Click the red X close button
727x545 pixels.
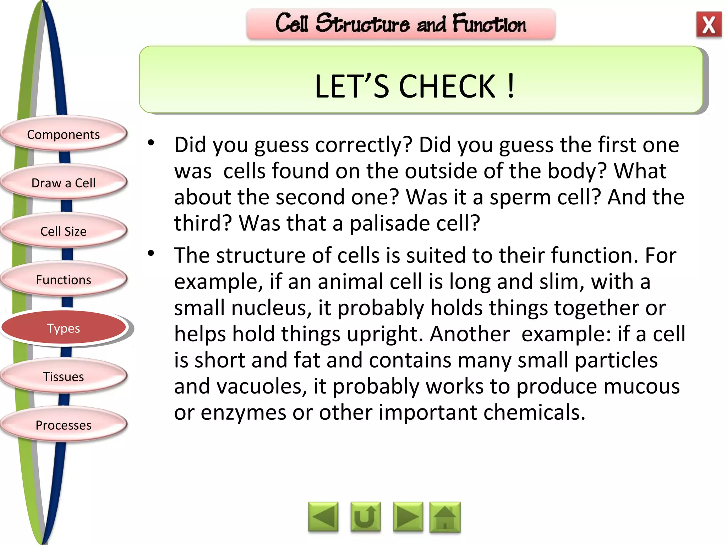pyautogui.click(x=709, y=24)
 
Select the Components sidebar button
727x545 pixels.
pyautogui.click(x=64, y=134)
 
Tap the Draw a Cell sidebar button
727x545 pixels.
pyautogui.click(x=64, y=183)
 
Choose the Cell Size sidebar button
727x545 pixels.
pyautogui.click(x=64, y=231)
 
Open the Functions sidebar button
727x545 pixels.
pyautogui.click(x=64, y=280)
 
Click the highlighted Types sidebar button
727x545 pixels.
pyautogui.click(x=64, y=328)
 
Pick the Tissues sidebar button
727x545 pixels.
pyautogui.click(x=64, y=376)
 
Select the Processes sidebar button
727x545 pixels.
pyautogui.click(x=64, y=425)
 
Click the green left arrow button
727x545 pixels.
pyautogui.click(x=323, y=517)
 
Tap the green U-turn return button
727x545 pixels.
pyautogui.click(x=365, y=517)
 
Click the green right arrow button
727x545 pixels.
pyautogui.click(x=408, y=517)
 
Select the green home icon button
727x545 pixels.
pyautogui.click(x=445, y=517)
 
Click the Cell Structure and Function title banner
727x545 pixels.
pyautogui.click(x=401, y=24)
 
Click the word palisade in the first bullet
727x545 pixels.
pyautogui.click(x=389, y=224)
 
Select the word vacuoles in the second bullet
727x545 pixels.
pyautogui.click(x=262, y=387)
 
